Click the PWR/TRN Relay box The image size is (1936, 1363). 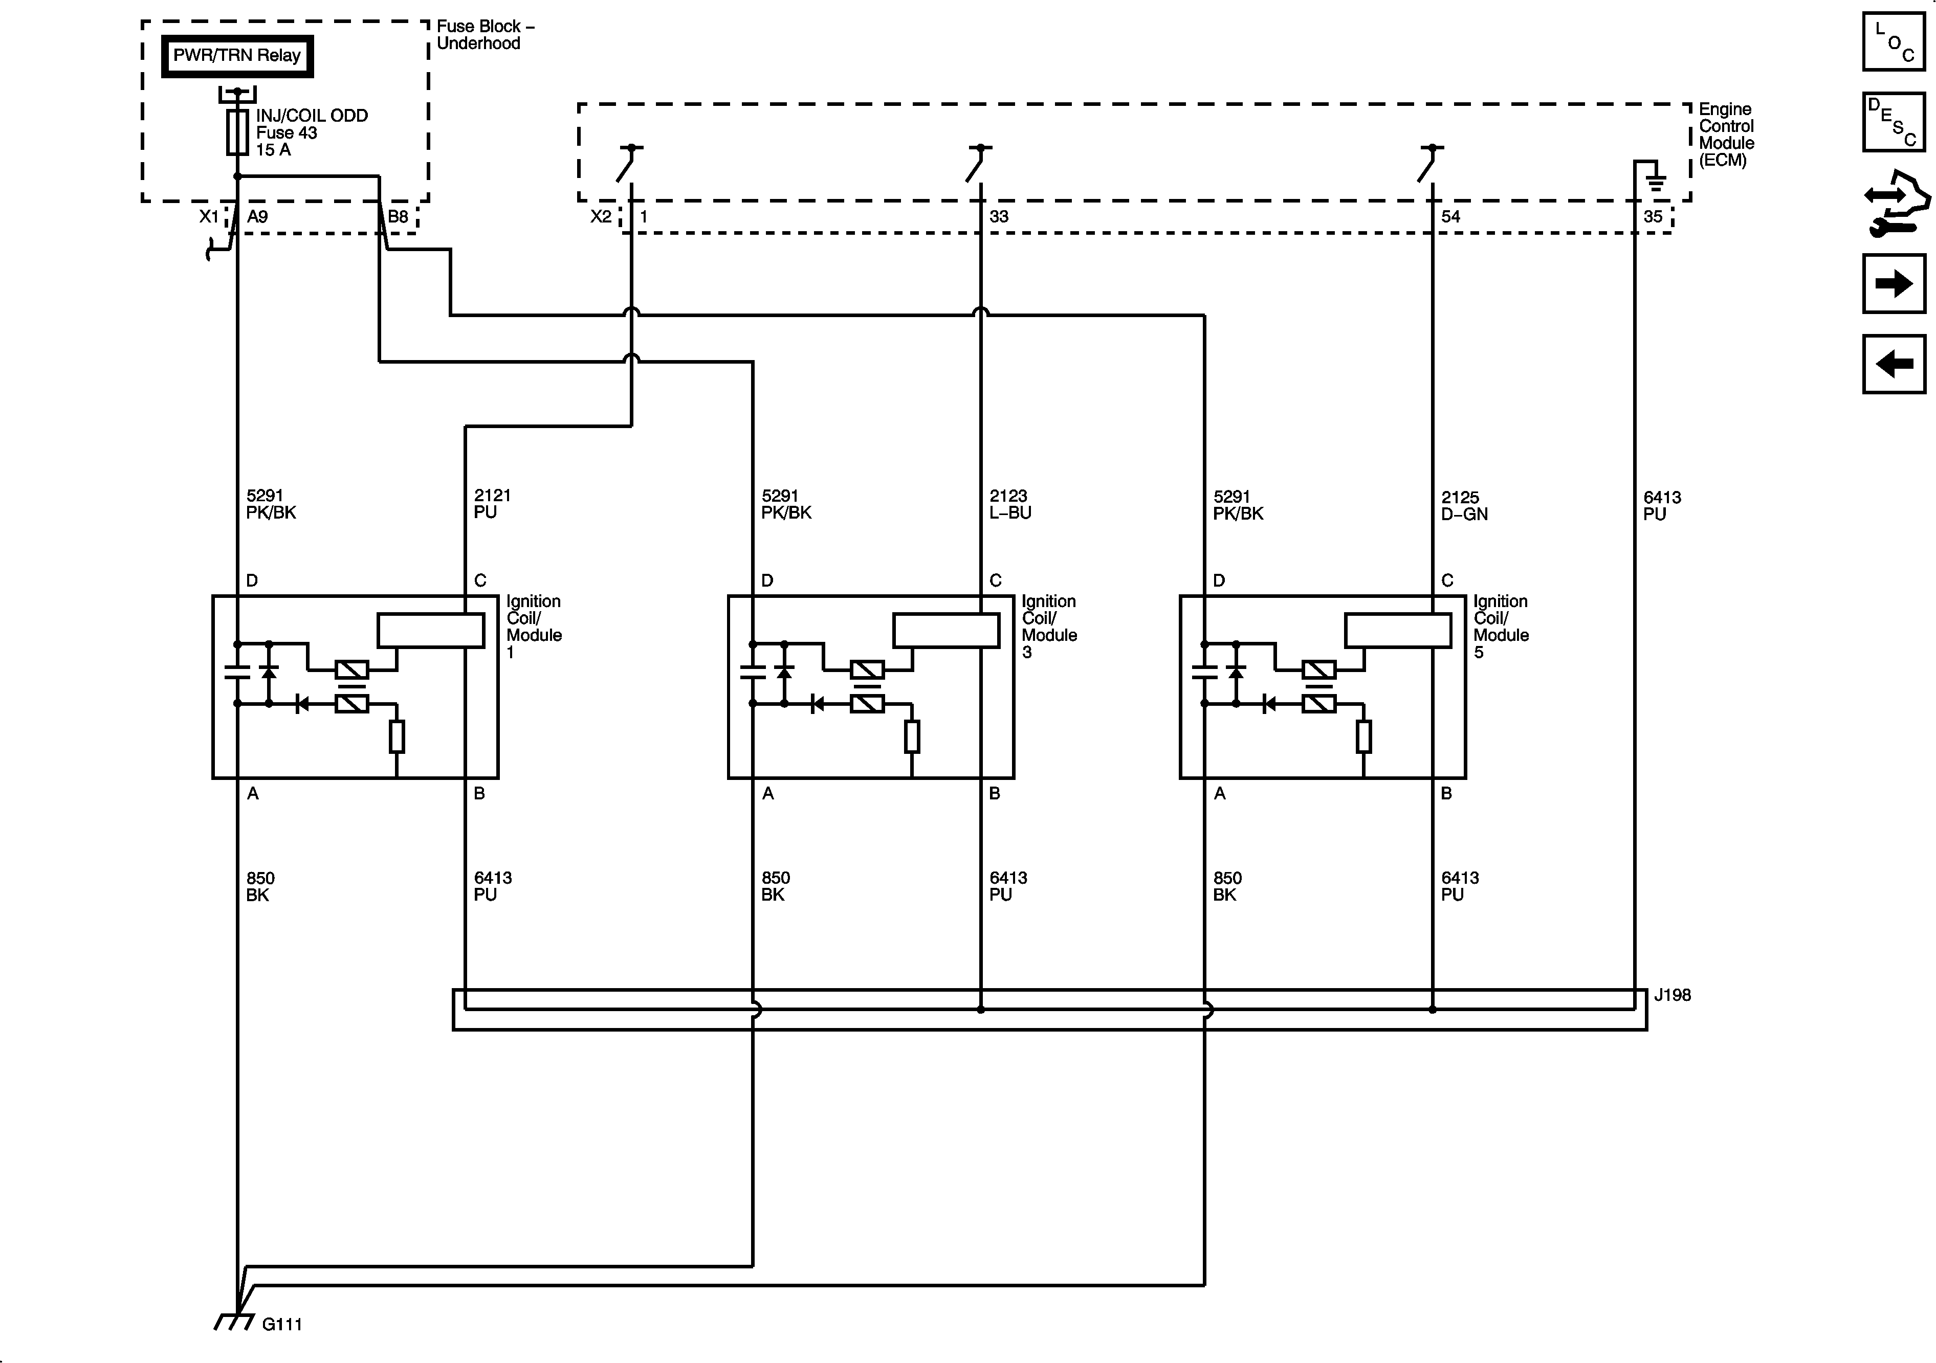pyautogui.click(x=237, y=56)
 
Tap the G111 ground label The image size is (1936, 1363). pyautogui.click(x=281, y=1324)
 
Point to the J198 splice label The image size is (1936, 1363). pyautogui.click(x=1672, y=995)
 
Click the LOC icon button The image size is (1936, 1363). pyautogui.click(x=1894, y=41)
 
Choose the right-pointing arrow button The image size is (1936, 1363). pyautogui.click(x=1894, y=283)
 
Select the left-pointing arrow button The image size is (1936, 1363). pyautogui.click(x=1894, y=364)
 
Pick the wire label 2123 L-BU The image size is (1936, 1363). pyautogui.click(x=1009, y=504)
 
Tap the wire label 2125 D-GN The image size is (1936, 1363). pyautogui.click(x=1464, y=505)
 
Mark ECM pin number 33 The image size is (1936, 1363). pyautogui.click(x=998, y=217)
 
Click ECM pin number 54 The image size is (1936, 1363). pyautogui.click(x=1450, y=217)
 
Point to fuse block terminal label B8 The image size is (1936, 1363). pyautogui.click(x=398, y=217)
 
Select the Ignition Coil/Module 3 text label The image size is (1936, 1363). pyautogui.click(x=1049, y=627)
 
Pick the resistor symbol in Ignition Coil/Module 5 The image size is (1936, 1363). pyautogui.click(x=1363, y=736)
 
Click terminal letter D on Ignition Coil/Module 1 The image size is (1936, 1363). pyautogui.click(x=251, y=581)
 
